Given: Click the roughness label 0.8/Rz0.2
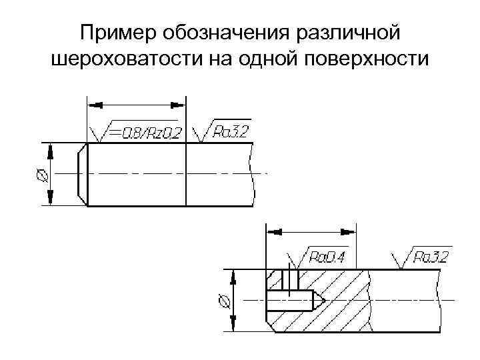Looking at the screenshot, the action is click(145, 133).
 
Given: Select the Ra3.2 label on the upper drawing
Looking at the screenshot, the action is click(230, 132).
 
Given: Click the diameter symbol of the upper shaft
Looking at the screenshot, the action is click(41, 174).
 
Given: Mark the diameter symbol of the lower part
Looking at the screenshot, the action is click(225, 301).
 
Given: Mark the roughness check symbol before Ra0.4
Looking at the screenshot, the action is click(295, 261).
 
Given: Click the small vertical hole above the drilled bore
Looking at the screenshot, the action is click(288, 280).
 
